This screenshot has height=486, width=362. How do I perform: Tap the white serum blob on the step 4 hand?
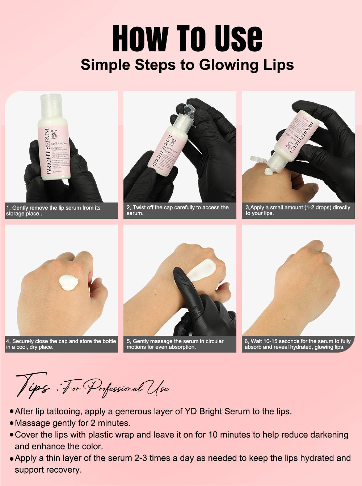point(68,282)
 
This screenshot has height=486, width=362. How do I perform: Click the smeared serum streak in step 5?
point(202,269)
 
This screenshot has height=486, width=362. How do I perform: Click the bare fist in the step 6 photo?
point(304,275)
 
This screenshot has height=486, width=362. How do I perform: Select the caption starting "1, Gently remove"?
point(53,210)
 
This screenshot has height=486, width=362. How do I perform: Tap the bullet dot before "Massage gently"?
point(12,423)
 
